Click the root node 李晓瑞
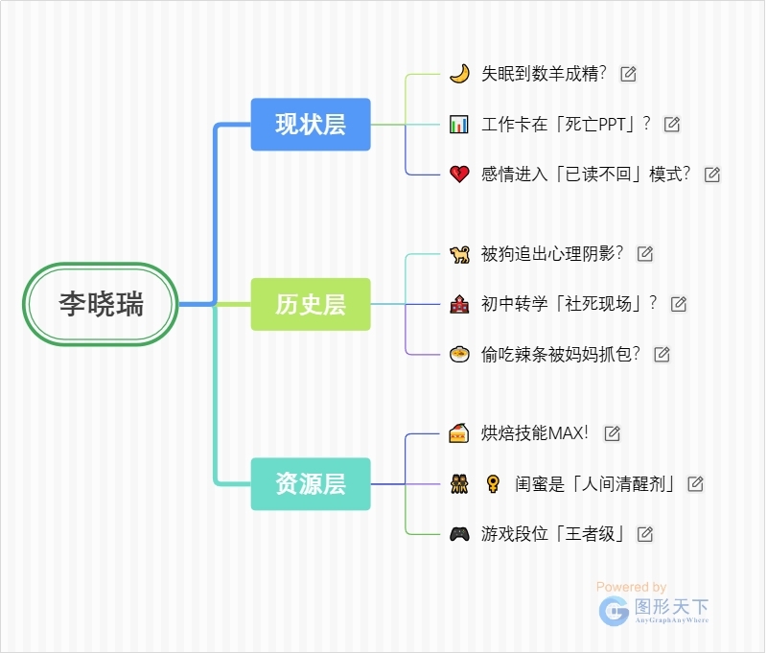click(x=101, y=304)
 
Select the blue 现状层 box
click(x=311, y=124)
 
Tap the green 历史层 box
click(x=311, y=304)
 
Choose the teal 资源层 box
click(x=311, y=484)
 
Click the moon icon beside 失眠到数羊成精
click(x=459, y=74)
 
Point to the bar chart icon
click(x=459, y=124)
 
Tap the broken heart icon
click(x=459, y=175)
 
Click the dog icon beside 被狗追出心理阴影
click(x=459, y=254)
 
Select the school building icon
click(x=459, y=304)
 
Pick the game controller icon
click(x=459, y=534)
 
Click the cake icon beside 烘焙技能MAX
click(x=459, y=433)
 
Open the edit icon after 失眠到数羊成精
click(x=629, y=74)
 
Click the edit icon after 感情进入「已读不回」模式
click(x=712, y=175)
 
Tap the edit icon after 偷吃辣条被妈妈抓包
click(x=662, y=355)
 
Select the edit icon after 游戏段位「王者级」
click(x=645, y=534)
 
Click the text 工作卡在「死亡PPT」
click(x=566, y=124)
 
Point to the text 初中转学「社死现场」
click(x=569, y=304)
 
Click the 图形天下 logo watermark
click(x=655, y=610)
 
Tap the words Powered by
click(x=631, y=587)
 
